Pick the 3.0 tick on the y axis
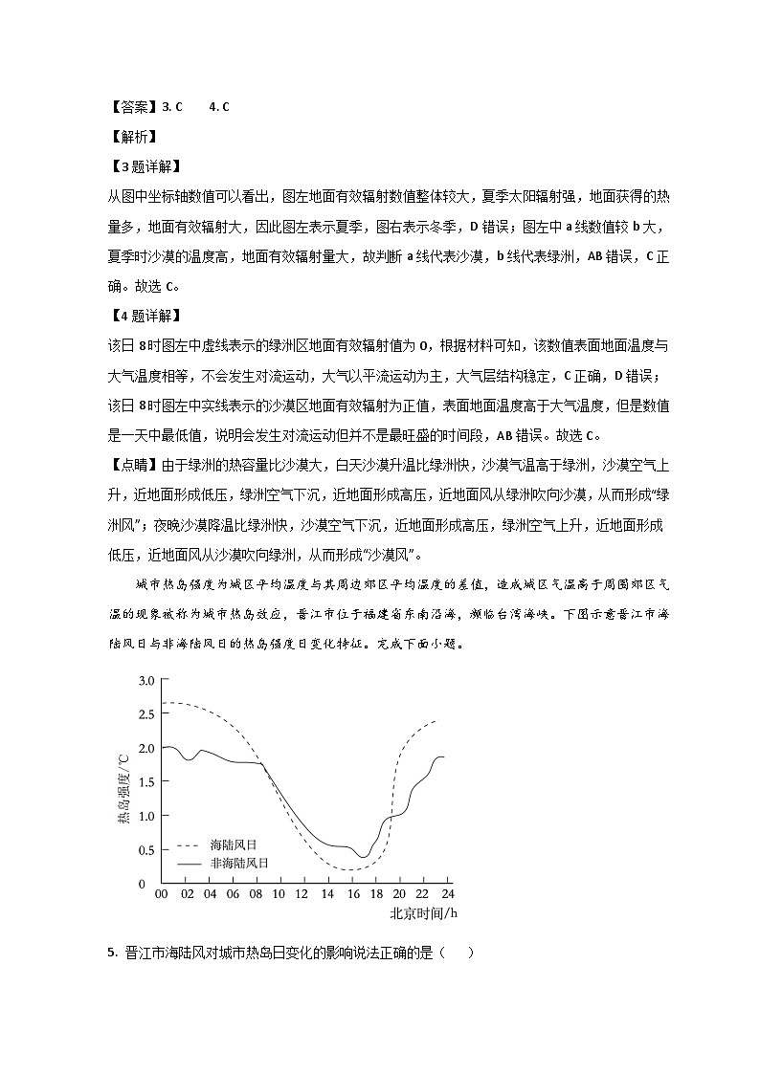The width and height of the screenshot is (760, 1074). [145, 681]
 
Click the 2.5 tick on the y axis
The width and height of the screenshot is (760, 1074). [145, 714]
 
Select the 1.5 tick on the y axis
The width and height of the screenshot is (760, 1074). [145, 782]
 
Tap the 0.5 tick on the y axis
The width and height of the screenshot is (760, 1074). [145, 850]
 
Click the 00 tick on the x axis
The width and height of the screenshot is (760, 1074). [161, 893]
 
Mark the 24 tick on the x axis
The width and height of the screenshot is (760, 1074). [446, 893]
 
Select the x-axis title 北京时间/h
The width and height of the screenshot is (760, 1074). [423, 913]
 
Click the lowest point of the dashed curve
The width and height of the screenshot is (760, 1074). [350, 870]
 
